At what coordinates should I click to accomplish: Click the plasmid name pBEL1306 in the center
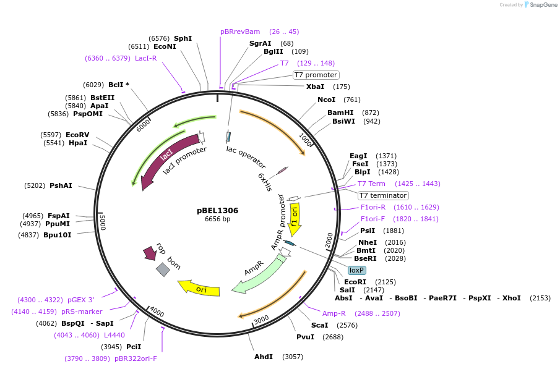217,210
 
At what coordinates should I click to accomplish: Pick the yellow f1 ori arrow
295,219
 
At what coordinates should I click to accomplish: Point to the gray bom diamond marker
163,269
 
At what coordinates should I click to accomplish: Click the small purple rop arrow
150,253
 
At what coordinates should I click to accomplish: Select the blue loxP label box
357,270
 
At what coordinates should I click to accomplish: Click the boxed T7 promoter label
316,75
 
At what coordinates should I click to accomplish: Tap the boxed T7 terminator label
383,195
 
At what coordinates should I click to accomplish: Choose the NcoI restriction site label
326,100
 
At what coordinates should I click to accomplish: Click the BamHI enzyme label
340,112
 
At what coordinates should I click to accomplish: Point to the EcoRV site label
77,135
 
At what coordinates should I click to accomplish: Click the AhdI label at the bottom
264,357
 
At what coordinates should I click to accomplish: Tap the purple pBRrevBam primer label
240,32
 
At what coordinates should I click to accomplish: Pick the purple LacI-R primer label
146,58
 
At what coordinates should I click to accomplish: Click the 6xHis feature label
265,182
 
